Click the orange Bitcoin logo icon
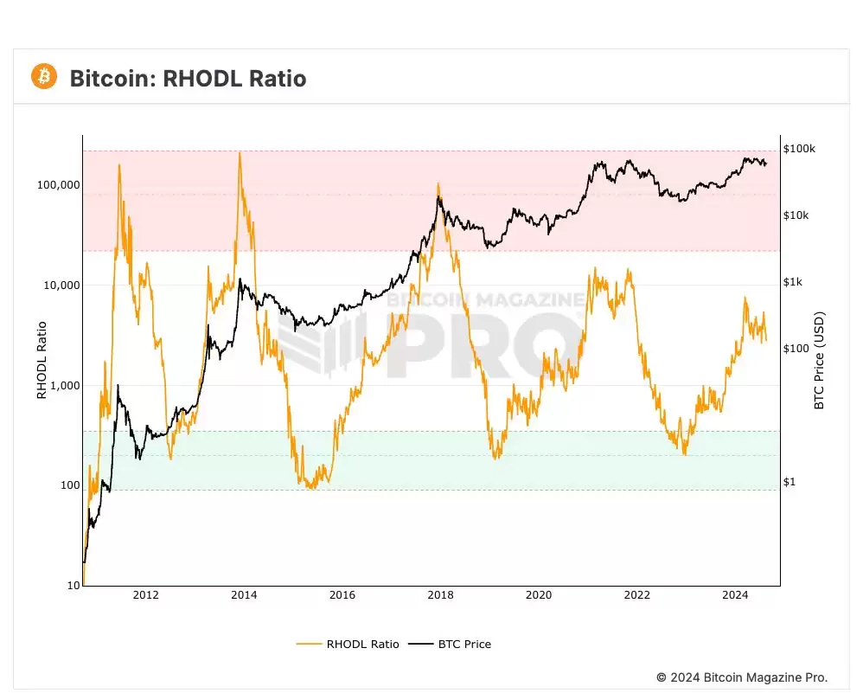pos(43,77)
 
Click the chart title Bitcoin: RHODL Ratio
pos(188,79)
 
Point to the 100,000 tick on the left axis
pos(57,185)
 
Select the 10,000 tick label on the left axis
pos(60,286)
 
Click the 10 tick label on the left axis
pos(73,586)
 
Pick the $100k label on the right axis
pos(799,149)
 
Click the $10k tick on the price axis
pos(796,215)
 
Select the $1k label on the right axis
pos(794,282)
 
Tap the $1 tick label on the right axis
pos(789,482)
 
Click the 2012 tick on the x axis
pos(146,595)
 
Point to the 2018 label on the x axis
pos(440,595)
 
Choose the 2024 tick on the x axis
pos(735,595)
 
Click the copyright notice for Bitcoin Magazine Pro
pos(742,677)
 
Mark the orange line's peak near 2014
pos(240,153)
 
